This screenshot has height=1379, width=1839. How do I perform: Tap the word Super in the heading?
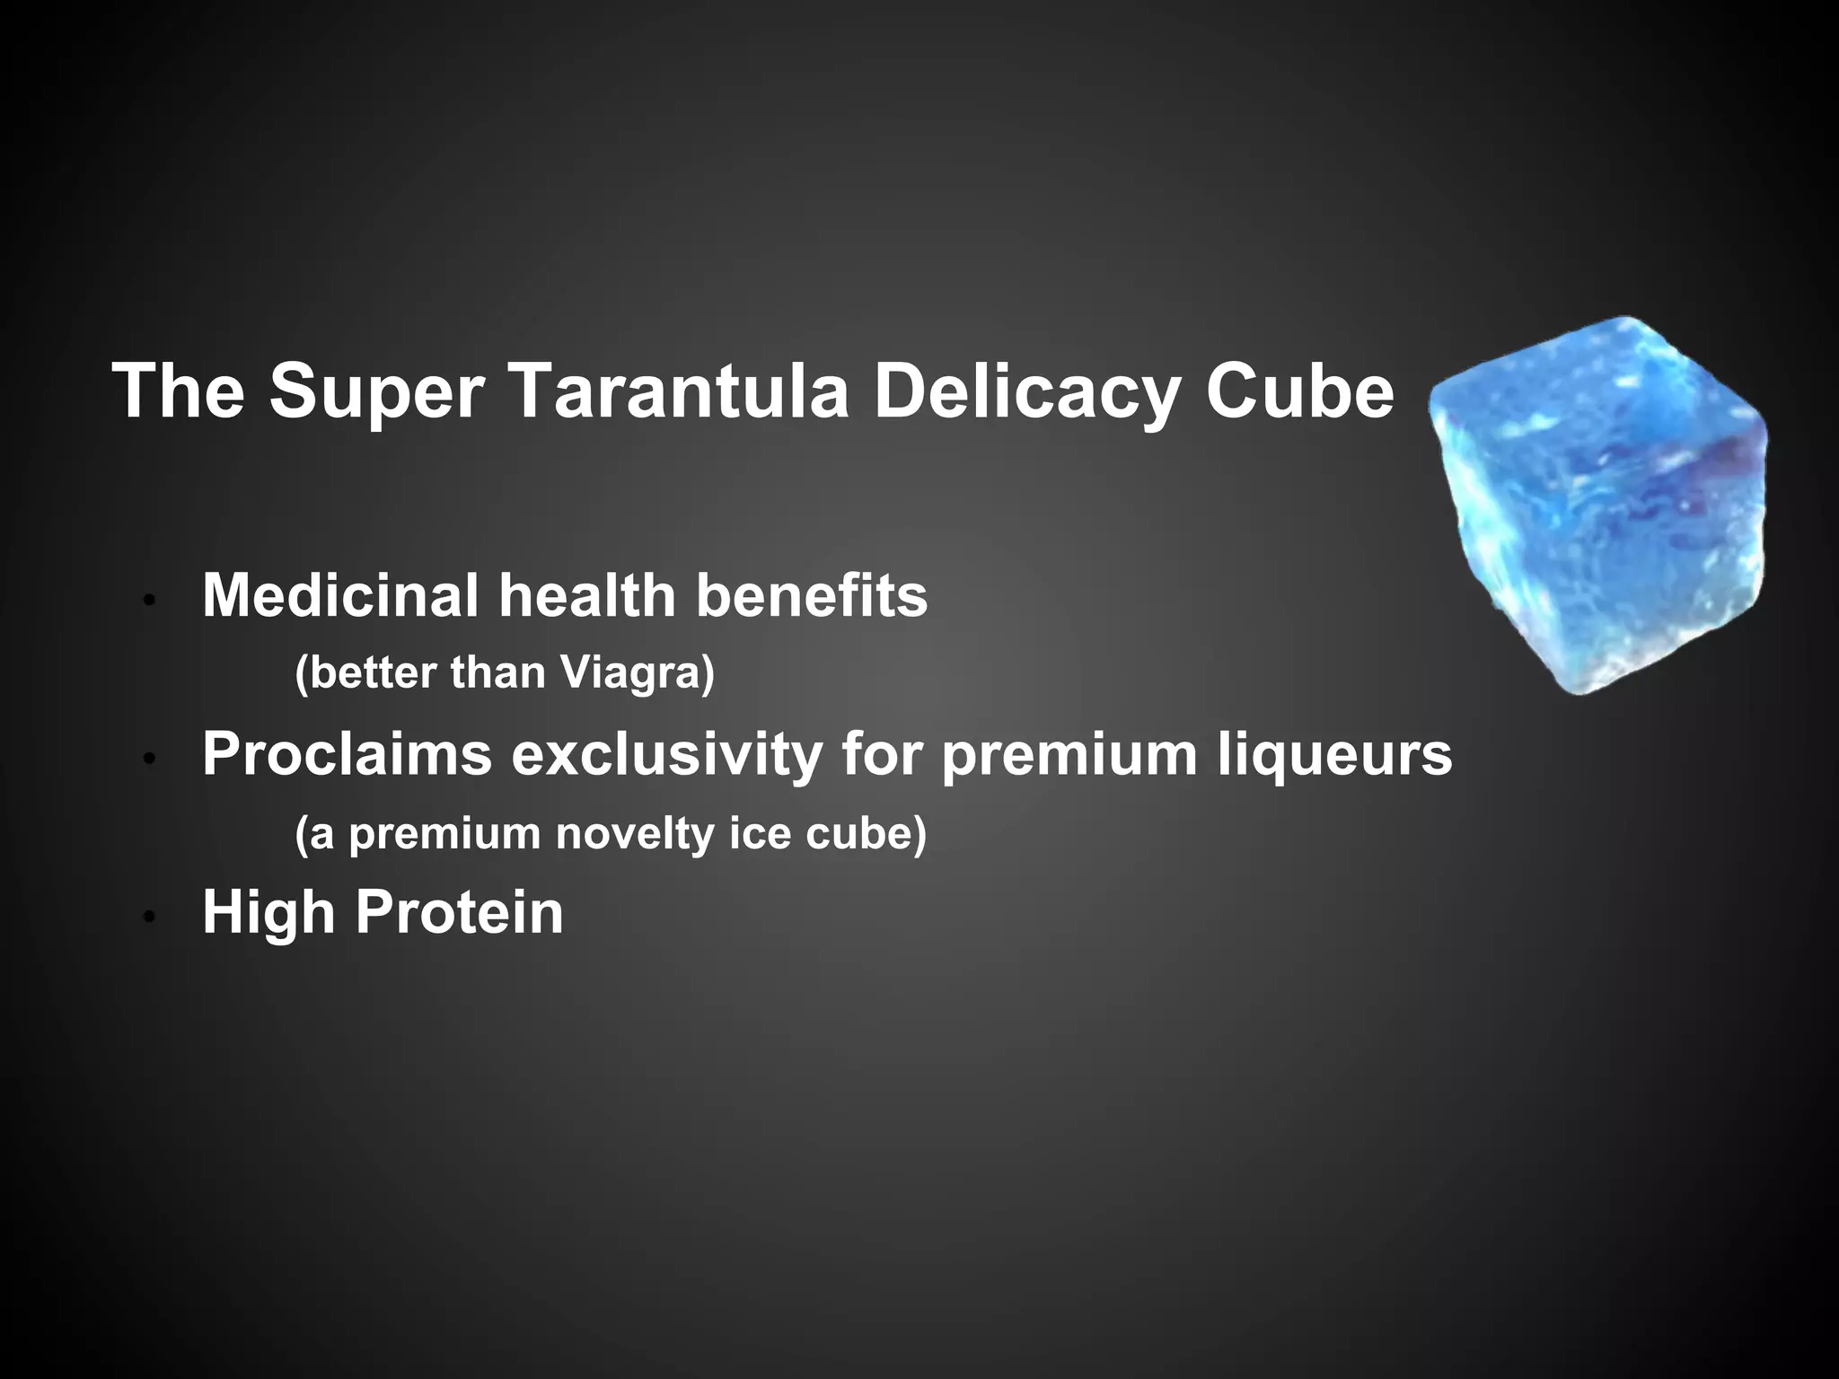click(377, 393)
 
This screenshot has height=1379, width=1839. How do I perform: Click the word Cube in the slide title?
click(1299, 391)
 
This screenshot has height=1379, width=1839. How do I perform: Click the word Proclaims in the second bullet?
click(347, 753)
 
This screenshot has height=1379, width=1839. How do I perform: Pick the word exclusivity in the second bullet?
click(666, 753)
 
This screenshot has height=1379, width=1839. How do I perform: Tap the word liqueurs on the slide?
click(1335, 753)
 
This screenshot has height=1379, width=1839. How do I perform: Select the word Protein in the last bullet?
click(460, 912)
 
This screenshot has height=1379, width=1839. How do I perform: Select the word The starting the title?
click(179, 391)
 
